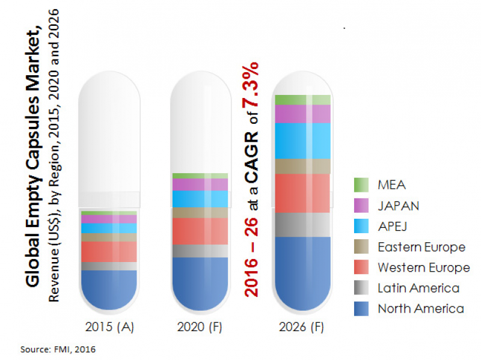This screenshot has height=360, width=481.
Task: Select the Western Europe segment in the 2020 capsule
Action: coord(200,231)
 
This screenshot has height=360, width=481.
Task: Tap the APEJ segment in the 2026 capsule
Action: coord(302,141)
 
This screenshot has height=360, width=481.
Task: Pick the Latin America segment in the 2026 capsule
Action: coord(302,224)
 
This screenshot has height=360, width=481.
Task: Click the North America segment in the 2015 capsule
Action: coord(109,288)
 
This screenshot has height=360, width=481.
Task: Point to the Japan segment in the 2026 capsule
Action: coord(302,114)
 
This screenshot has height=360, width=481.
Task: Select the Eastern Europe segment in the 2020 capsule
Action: coord(200,213)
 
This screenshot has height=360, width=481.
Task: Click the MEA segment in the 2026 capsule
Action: coord(302,100)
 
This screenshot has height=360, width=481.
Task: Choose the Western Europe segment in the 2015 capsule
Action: coord(109,251)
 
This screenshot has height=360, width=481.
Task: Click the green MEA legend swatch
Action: coord(361,185)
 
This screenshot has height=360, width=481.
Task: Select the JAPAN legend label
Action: coord(398,206)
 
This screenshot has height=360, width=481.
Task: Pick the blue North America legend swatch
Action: coord(361,309)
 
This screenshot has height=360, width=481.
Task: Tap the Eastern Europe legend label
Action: coord(421,247)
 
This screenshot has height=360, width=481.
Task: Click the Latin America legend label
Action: coord(418,288)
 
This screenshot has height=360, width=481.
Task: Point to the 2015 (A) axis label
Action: coord(109,328)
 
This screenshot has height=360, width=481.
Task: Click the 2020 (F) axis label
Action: coord(200,328)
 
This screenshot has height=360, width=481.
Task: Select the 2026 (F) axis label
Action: coord(302,328)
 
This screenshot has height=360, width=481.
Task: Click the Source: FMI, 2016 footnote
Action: coord(58,348)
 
